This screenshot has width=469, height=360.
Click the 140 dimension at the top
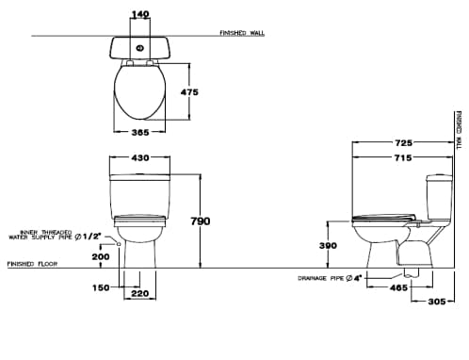[140, 15]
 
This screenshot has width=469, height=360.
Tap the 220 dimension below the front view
[140, 294]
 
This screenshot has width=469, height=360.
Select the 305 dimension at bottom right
[435, 302]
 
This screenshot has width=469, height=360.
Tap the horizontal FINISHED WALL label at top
[243, 32]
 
